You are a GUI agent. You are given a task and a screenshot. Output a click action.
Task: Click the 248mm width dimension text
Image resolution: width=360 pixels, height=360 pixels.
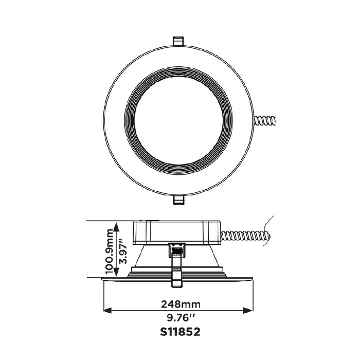click(178, 304)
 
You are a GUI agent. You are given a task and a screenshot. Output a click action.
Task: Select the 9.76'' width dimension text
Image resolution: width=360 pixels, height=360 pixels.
click(178, 317)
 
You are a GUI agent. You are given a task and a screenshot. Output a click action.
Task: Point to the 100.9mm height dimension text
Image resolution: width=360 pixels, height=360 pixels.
click(109, 250)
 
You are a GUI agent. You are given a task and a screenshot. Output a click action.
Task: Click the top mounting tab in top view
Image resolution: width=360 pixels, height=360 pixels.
click(178, 40)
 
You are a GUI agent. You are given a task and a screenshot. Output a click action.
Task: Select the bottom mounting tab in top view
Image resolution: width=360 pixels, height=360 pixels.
click(178, 199)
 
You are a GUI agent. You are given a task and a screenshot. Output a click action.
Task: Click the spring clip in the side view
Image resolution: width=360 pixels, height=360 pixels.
click(177, 262)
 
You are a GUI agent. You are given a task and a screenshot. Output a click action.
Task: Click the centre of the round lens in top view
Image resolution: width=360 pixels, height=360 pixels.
click(178, 119)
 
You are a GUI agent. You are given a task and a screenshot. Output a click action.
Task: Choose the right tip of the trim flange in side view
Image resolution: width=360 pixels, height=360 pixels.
click(253, 279)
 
